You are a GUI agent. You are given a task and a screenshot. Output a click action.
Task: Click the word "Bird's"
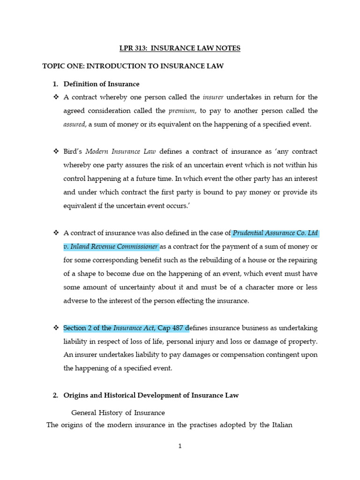73,151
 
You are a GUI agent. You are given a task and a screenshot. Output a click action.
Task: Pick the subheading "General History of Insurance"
118,413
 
